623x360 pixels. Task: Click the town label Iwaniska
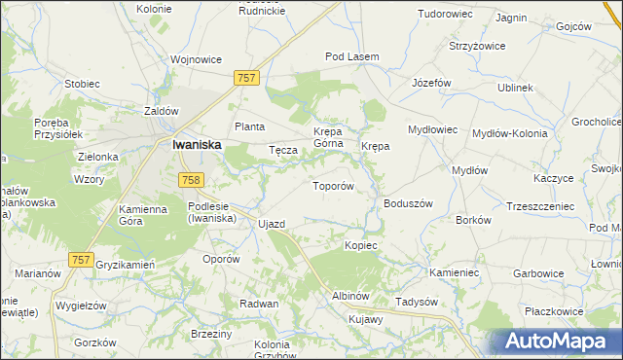(x=197, y=144)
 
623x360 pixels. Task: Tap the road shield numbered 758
(x=191, y=179)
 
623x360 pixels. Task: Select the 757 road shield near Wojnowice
(x=246, y=77)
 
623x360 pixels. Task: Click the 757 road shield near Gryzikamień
(x=82, y=259)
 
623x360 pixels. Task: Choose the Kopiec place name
(x=360, y=245)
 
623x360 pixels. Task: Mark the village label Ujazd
(x=272, y=224)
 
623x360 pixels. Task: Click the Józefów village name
(x=432, y=83)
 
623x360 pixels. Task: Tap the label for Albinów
(x=350, y=295)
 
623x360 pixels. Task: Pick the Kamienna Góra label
(x=145, y=215)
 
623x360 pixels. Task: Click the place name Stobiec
(x=83, y=83)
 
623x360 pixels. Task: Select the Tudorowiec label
(x=446, y=14)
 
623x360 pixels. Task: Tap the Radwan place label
(x=259, y=304)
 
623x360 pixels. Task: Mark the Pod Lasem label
(x=351, y=56)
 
